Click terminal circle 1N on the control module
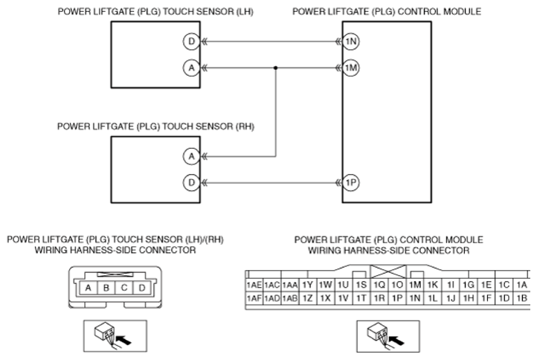click(x=351, y=42)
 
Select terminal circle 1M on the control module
click(x=351, y=68)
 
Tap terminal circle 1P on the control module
click(x=351, y=182)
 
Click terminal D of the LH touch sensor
click(x=191, y=42)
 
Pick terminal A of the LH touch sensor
click(x=191, y=68)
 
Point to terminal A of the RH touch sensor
click(x=191, y=156)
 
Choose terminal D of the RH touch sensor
click(x=191, y=182)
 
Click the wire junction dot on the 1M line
click(x=276, y=68)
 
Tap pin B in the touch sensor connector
click(x=106, y=288)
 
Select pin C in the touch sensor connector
click(x=124, y=288)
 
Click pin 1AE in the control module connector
click(x=254, y=285)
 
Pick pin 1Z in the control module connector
click(x=307, y=298)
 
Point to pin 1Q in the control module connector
click(x=379, y=285)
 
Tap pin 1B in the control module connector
click(x=521, y=298)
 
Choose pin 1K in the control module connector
click(x=433, y=285)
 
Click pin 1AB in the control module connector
click(x=290, y=298)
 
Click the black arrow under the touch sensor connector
click(x=124, y=340)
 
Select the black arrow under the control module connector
click(x=396, y=341)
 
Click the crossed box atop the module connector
click(x=388, y=271)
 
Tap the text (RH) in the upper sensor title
click(x=245, y=126)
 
